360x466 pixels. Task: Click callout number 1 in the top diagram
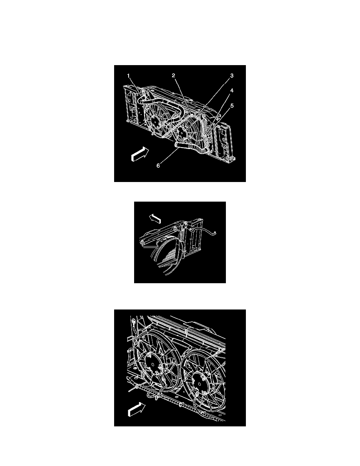129,76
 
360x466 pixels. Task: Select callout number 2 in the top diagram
173,75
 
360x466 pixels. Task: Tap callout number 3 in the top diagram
232,75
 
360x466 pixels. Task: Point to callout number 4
232,90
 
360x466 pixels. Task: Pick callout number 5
232,106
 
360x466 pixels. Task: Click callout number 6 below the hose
158,166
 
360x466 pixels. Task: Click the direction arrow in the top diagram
140,154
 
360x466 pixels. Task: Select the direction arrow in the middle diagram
155,219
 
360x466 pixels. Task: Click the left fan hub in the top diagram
155,122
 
